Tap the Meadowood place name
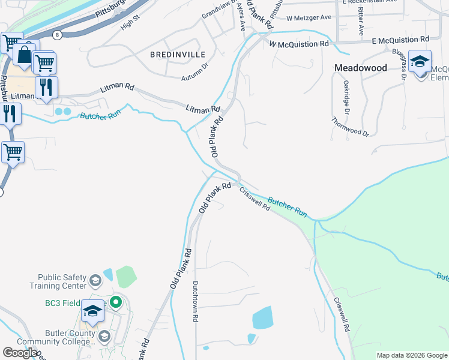(x=360, y=68)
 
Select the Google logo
(x=19, y=353)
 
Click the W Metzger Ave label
(x=309, y=17)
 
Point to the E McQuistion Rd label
(x=400, y=40)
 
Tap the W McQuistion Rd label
(x=299, y=44)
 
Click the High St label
(x=129, y=23)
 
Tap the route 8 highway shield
(x=57, y=34)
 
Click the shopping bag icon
(x=25, y=55)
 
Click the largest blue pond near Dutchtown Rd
(x=262, y=318)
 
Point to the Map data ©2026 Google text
(x=412, y=355)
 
